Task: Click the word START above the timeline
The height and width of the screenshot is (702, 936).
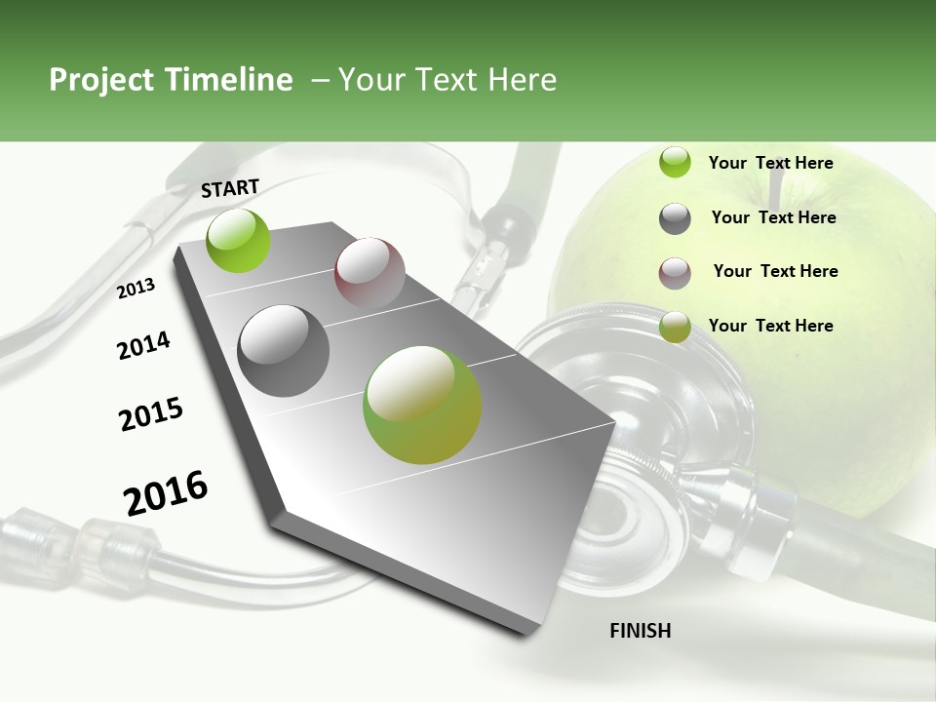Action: pos(230,188)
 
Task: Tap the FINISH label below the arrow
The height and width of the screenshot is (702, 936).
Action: pos(641,631)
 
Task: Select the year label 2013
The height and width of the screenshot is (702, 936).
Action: pos(136,288)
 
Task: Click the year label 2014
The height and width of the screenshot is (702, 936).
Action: pos(143,345)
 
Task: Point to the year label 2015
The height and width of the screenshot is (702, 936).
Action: pos(151,414)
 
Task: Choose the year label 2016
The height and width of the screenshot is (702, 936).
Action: pos(166,492)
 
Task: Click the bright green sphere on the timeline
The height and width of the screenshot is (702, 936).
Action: pos(239,240)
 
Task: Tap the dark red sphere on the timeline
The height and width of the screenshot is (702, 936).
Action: pos(370,273)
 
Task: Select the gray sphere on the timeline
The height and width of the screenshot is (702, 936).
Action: pos(284,350)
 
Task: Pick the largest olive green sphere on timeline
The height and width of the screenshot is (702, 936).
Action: pos(422,405)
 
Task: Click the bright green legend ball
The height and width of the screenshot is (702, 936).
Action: pos(675,163)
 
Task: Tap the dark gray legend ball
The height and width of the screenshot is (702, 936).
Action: pos(675,218)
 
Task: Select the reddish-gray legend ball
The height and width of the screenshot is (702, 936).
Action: pos(675,273)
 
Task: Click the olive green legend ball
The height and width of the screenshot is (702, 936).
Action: pos(675,327)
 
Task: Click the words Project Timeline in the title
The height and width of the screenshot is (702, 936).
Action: pos(171,80)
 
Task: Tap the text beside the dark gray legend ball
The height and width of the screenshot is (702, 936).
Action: pos(773,217)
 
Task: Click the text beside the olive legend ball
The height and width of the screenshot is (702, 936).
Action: pos(770,326)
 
